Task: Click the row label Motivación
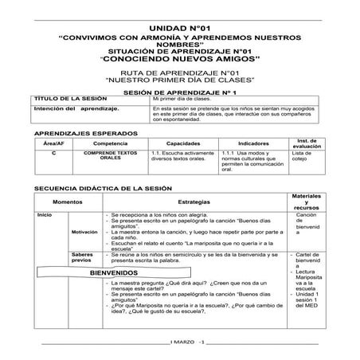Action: coord(84,232)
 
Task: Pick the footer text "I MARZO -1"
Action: coord(189,341)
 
